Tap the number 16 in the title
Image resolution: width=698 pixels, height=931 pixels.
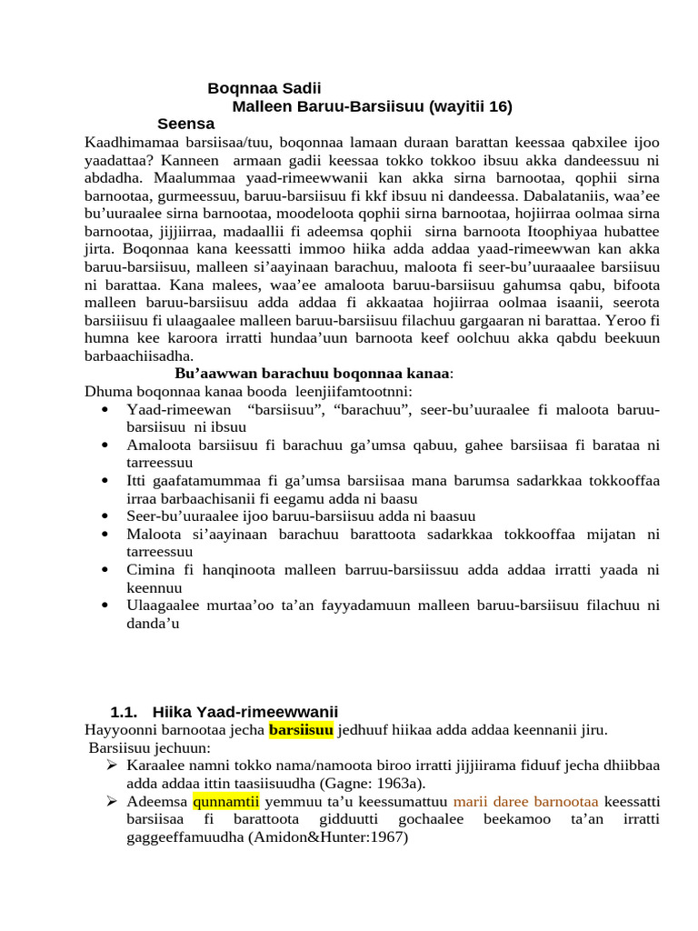499,106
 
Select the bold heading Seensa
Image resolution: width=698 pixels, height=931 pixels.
185,124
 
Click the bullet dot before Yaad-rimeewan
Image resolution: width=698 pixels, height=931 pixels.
106,410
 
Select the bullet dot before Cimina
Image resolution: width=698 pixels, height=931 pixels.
106,570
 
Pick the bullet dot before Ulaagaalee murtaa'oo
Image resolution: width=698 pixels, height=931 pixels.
106,606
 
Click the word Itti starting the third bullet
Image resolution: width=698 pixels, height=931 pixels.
138,481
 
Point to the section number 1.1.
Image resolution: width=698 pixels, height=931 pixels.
123,711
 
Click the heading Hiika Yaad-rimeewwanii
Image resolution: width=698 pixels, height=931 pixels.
246,711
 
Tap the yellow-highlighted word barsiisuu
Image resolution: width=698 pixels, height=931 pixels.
302,730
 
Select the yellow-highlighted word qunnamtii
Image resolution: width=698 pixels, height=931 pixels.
225,802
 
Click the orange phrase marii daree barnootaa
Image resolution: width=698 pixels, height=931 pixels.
525,802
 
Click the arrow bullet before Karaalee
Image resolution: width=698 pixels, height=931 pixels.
113,766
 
